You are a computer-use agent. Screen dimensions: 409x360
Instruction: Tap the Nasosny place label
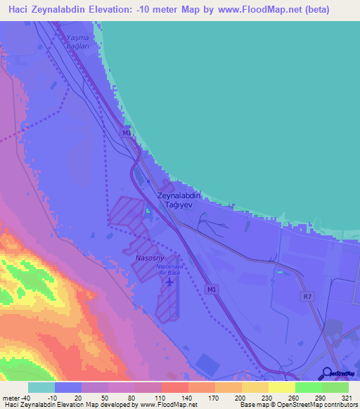(x=148, y=259)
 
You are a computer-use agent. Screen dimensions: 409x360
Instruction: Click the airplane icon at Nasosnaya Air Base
(x=169, y=282)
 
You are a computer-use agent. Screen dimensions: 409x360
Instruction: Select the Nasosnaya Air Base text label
(x=169, y=269)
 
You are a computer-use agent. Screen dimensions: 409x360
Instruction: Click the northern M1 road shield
(x=126, y=133)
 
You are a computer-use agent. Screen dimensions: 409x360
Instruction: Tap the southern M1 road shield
(x=211, y=289)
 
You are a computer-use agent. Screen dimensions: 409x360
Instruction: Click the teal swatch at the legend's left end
(x=41, y=387)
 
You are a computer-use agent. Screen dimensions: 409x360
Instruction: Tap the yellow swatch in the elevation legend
(x=281, y=387)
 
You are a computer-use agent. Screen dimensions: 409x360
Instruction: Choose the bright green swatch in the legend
(x=308, y=387)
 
